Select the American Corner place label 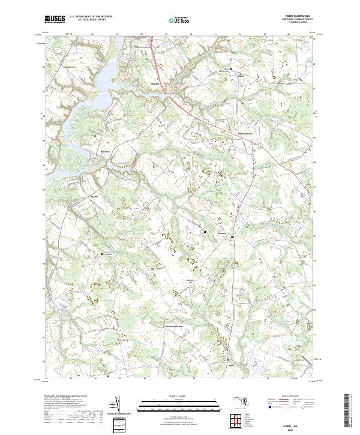[x=174, y=326]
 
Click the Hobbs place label [x=241, y=76]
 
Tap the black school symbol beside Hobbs [x=233, y=71]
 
